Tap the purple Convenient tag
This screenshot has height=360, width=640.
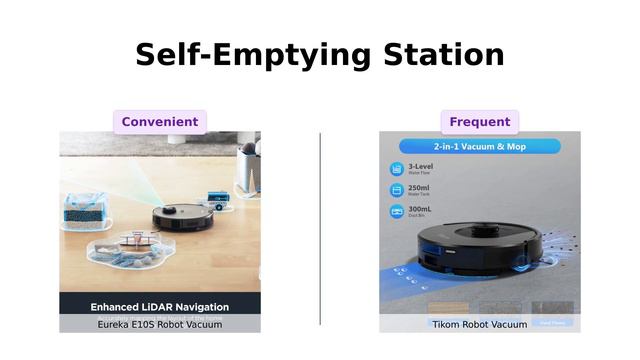160,122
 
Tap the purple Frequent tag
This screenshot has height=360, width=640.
480,122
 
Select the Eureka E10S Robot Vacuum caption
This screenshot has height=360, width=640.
160,325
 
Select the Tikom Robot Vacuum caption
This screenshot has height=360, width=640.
479,325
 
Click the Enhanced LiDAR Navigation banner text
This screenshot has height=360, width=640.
160,307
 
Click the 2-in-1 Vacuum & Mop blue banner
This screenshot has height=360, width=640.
480,146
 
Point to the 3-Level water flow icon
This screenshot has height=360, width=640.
396,169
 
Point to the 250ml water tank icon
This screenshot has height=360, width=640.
396,190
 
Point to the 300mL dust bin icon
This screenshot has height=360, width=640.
396,211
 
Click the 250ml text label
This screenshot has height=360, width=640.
420,187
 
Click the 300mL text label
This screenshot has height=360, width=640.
421,208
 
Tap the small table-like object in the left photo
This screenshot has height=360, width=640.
139,240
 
